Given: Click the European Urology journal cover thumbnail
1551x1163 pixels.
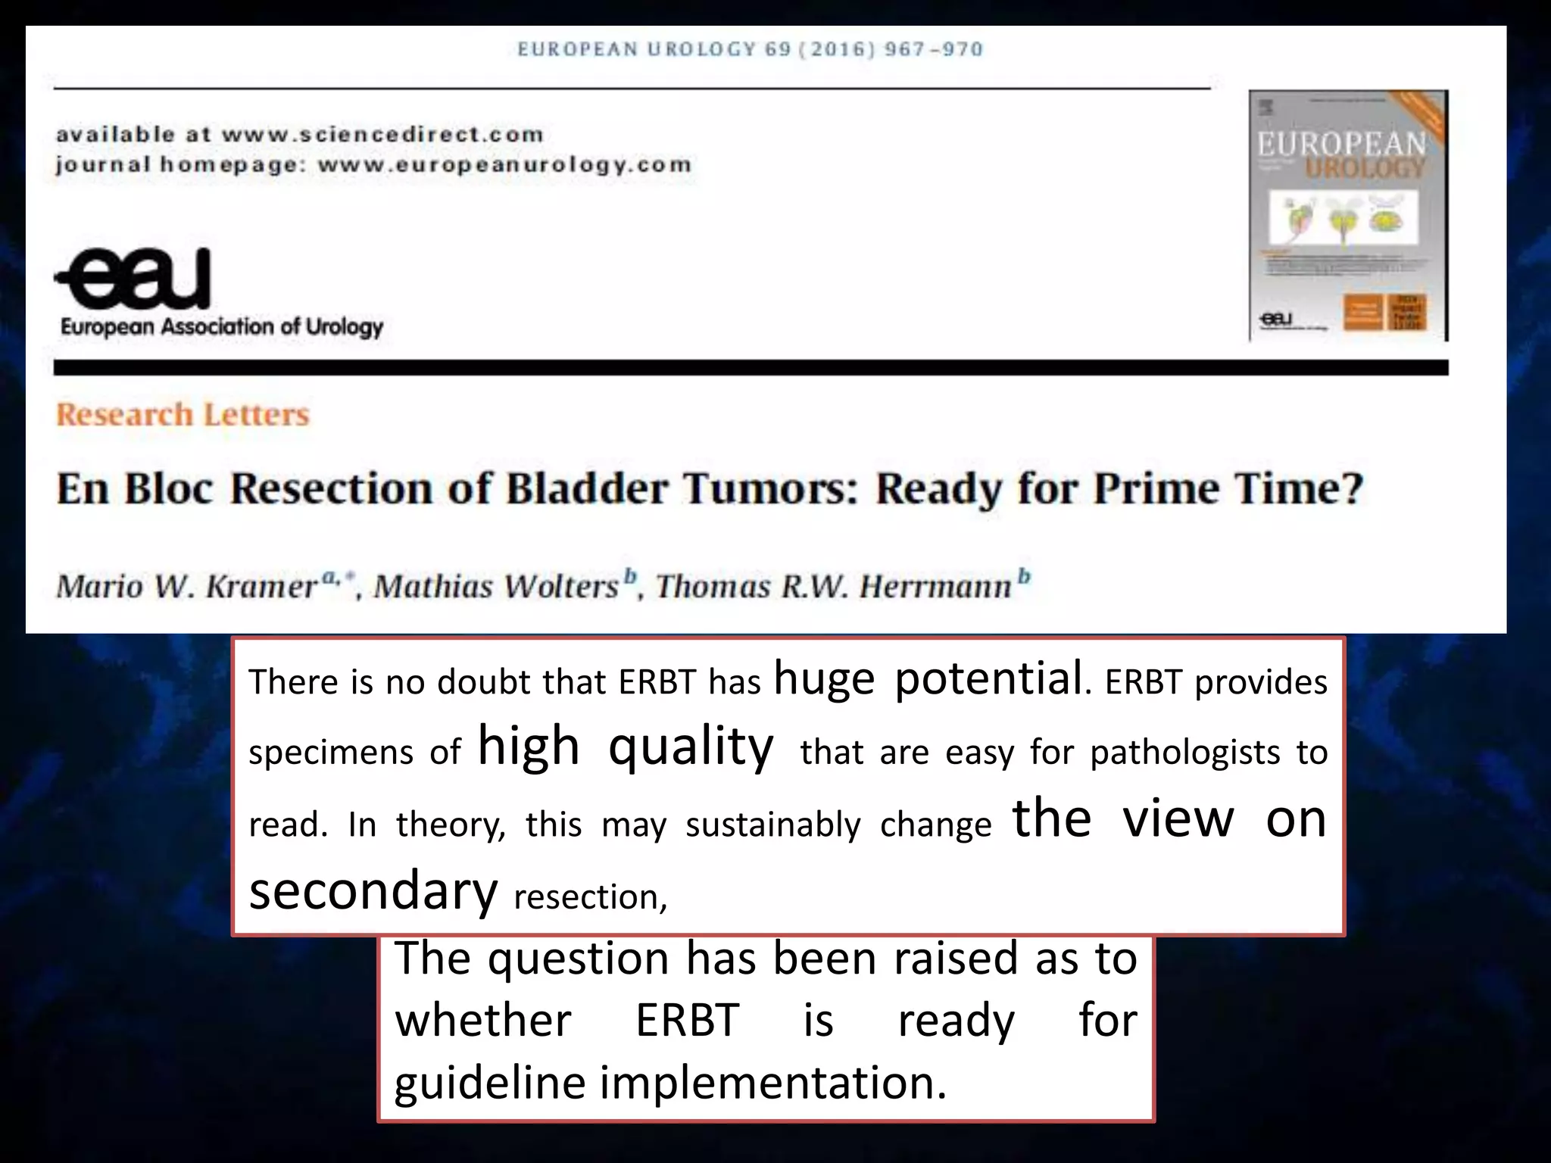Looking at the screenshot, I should point(1348,216).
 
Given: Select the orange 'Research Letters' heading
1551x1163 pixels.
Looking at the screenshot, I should point(183,415).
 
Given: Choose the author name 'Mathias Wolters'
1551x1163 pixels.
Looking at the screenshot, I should point(497,586).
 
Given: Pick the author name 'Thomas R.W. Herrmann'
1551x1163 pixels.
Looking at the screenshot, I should point(834,586).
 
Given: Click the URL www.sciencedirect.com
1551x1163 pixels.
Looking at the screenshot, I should point(382,135).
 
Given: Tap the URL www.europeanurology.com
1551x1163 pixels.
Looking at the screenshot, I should point(504,165).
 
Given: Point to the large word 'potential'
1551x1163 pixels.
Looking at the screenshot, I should point(988,678).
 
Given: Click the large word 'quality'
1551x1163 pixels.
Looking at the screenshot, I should point(691,747).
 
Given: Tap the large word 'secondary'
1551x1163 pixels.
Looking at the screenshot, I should point(373,890).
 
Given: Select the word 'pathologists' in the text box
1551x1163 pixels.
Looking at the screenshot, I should point(1185,753).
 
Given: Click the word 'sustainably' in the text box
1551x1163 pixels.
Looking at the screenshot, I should point(773,825).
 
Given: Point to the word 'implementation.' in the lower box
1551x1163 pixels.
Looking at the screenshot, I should point(773,1082).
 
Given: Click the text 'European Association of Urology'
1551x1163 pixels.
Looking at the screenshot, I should point(222,327).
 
